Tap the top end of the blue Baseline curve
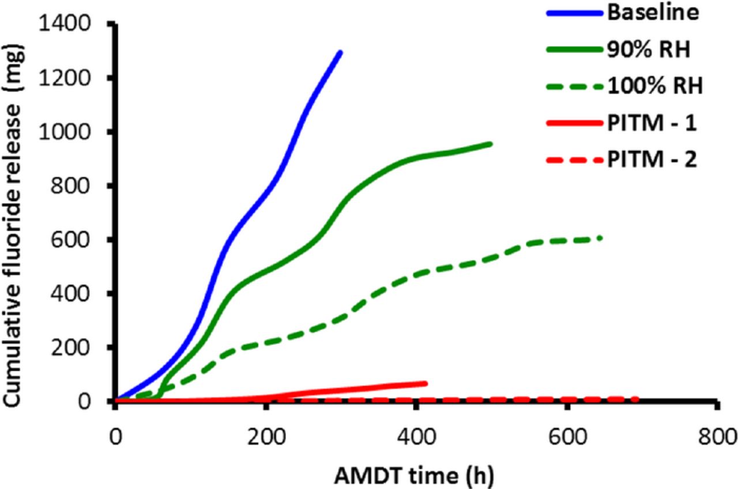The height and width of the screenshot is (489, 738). click(x=341, y=52)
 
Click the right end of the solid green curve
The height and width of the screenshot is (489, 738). click(x=491, y=144)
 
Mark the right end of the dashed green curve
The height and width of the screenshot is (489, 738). click(x=601, y=238)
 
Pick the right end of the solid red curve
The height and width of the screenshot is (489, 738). click(x=426, y=383)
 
